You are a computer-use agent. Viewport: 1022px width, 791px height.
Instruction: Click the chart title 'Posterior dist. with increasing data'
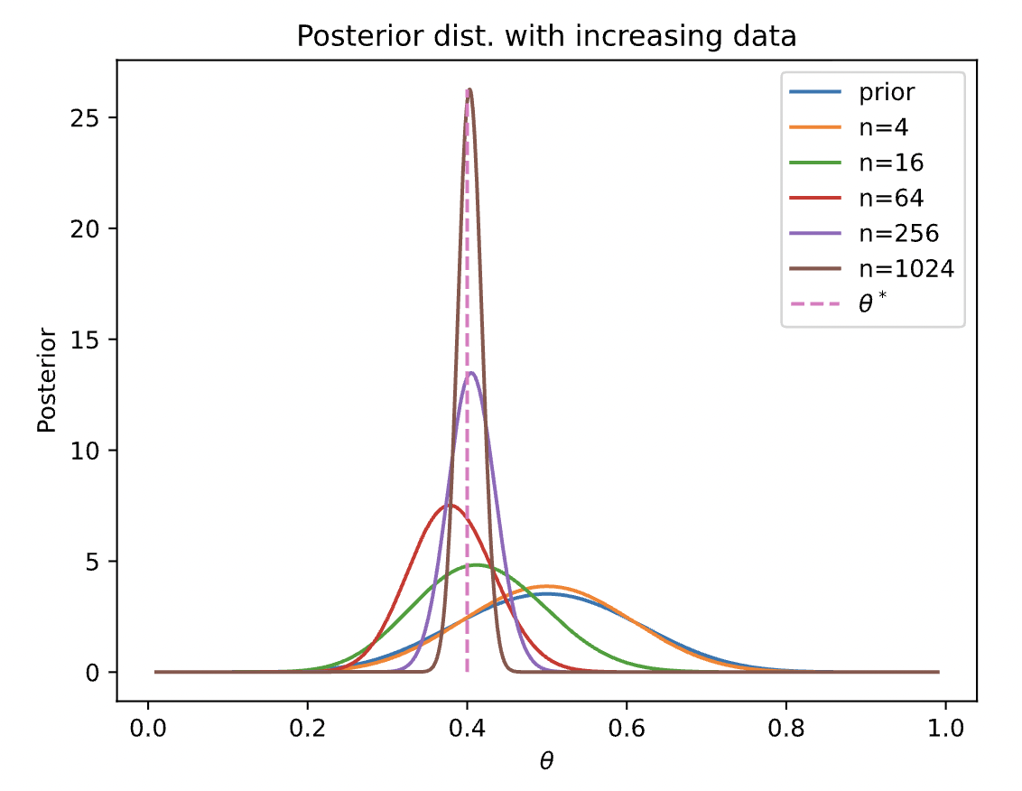[x=546, y=37]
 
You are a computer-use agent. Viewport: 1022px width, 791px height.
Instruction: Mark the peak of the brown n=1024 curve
[x=469, y=89]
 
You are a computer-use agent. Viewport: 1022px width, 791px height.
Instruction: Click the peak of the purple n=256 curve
[x=470, y=373]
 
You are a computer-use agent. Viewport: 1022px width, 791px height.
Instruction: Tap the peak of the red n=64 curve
[x=446, y=505]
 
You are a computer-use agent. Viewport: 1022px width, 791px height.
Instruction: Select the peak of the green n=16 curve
[x=474, y=565]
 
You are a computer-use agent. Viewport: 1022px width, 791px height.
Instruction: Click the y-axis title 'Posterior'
[x=47, y=380]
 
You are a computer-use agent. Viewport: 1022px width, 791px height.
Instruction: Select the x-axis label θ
[x=546, y=760]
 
